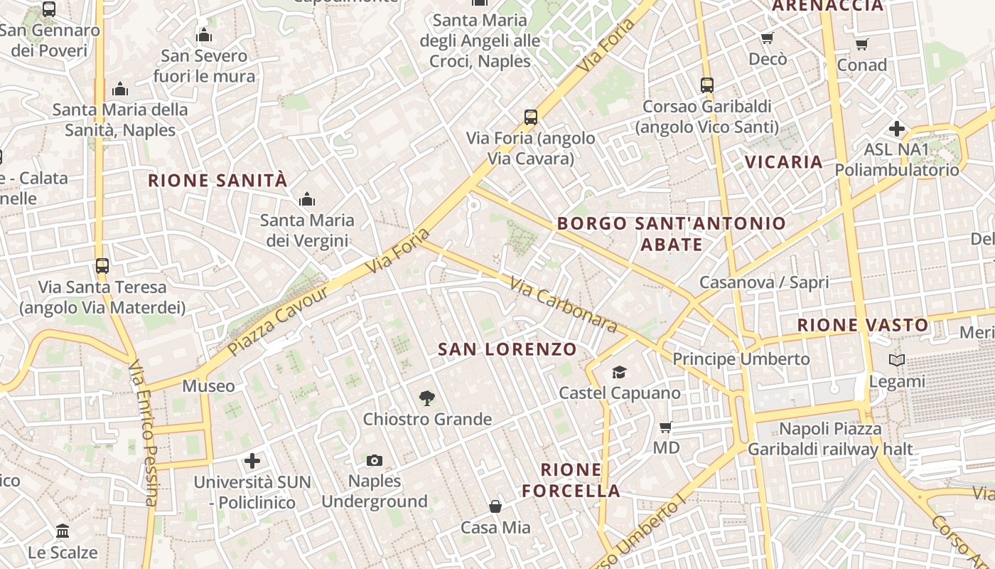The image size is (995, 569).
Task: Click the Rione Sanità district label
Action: click(x=217, y=181)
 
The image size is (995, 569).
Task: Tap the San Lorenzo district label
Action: click(x=507, y=349)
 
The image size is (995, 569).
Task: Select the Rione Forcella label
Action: click(x=571, y=480)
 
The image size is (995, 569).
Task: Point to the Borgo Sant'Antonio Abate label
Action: click(x=672, y=234)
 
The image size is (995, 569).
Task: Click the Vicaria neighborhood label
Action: click(x=784, y=162)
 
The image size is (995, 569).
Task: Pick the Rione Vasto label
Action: click(x=862, y=326)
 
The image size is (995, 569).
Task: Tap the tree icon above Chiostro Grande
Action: click(x=426, y=398)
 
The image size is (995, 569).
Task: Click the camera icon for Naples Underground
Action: click(x=375, y=460)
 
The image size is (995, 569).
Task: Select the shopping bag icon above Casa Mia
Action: click(x=495, y=506)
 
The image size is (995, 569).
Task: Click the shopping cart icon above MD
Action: click(x=666, y=427)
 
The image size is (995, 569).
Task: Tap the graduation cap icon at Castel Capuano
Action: click(x=620, y=372)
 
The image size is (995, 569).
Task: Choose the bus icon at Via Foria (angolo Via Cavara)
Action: click(x=530, y=117)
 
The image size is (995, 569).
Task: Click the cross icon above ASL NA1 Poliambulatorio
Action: click(x=897, y=129)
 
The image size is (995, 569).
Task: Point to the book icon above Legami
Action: click(x=897, y=361)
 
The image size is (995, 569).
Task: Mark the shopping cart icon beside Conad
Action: click(x=862, y=44)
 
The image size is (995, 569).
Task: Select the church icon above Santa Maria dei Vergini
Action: click(x=307, y=199)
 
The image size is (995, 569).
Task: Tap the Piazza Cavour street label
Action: click(x=279, y=321)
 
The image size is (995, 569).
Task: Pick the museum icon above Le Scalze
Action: click(x=63, y=531)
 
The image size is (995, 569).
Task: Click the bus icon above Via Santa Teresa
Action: click(x=102, y=266)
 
